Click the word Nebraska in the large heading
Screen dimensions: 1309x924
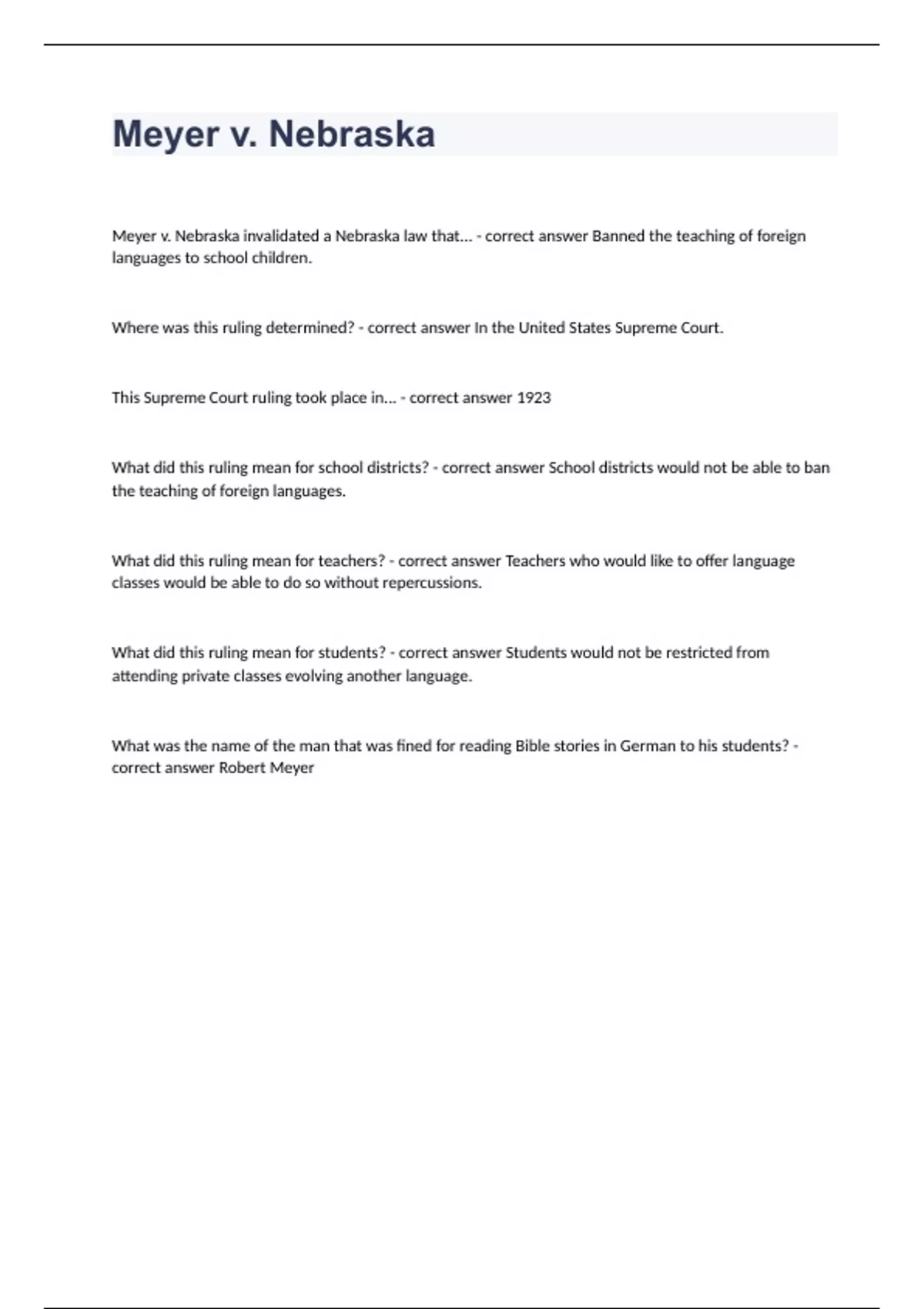point(351,134)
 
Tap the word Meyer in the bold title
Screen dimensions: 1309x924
point(166,134)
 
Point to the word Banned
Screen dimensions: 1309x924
point(618,236)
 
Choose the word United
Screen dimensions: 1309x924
point(541,328)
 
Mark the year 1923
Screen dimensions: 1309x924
point(534,398)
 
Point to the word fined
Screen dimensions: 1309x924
point(413,746)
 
